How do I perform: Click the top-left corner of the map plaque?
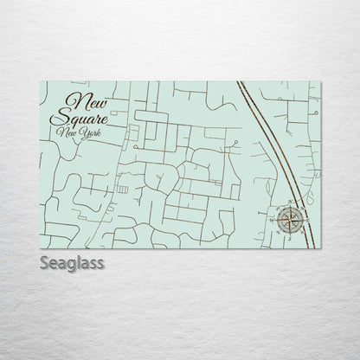(41, 80)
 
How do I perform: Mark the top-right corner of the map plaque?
(319, 80)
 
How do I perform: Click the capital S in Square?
(57, 118)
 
